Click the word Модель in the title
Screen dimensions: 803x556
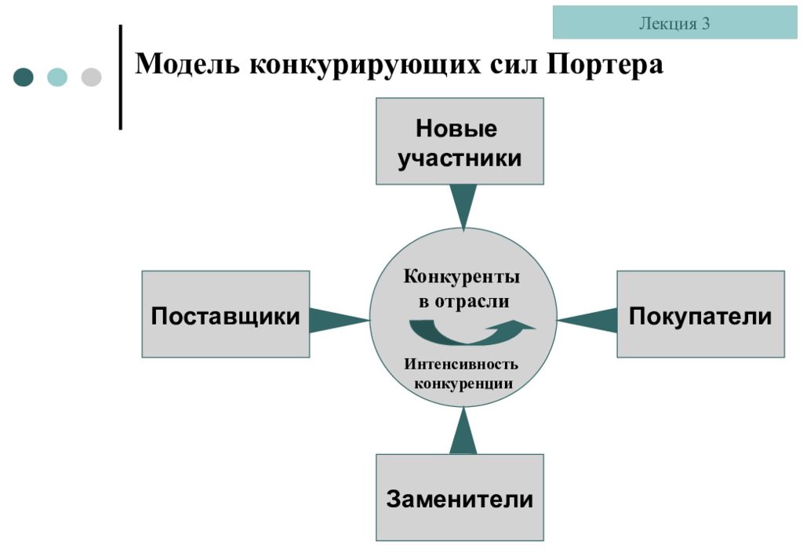(x=187, y=65)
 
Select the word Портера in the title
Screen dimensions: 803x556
(x=605, y=65)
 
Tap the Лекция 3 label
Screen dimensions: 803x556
(x=674, y=23)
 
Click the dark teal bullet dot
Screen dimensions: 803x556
(x=23, y=77)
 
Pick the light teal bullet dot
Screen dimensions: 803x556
(x=56, y=77)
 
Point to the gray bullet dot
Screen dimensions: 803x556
(x=91, y=77)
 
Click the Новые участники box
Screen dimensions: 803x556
(x=460, y=141)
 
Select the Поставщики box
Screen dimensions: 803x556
(x=226, y=314)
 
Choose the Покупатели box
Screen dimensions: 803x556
(x=700, y=314)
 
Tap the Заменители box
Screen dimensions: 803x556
(x=460, y=498)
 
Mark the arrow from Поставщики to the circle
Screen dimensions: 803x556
(x=339, y=321)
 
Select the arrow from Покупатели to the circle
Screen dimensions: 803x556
(x=587, y=321)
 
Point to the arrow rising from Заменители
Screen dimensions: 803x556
(x=463, y=431)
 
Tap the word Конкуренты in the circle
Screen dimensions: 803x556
(x=461, y=277)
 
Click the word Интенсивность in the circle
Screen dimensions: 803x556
(x=461, y=364)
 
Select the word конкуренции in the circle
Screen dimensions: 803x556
(x=463, y=383)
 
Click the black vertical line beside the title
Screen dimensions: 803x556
(x=121, y=77)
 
